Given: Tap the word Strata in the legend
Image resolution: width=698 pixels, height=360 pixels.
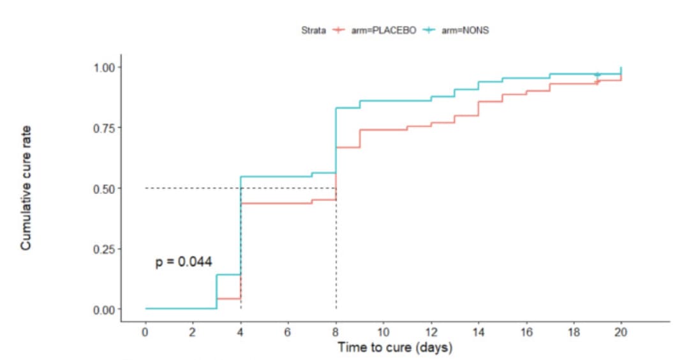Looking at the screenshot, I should pos(315,29).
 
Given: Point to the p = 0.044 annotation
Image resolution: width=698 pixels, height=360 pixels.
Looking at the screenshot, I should pos(184,262).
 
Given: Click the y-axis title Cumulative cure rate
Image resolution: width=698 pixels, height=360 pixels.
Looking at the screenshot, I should pos(26,188).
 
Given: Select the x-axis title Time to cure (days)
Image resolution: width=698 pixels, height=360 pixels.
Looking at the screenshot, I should pos(395,348).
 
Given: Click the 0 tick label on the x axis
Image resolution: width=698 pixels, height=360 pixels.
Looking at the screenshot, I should pos(145,333).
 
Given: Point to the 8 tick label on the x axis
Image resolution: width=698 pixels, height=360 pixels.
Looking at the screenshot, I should pos(336,333).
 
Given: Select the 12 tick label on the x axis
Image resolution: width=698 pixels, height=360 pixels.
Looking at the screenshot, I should pos(431,333).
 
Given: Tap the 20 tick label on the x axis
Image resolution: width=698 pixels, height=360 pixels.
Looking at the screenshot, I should pos(621,333).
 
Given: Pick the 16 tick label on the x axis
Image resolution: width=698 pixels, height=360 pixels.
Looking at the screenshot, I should pos(526,333).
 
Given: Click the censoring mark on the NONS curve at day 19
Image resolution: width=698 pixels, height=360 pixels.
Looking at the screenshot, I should pos(597,75).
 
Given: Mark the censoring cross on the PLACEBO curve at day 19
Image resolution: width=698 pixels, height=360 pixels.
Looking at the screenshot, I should pos(597,82).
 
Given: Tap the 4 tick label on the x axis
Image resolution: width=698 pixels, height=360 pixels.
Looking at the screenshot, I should pos(241,333).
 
